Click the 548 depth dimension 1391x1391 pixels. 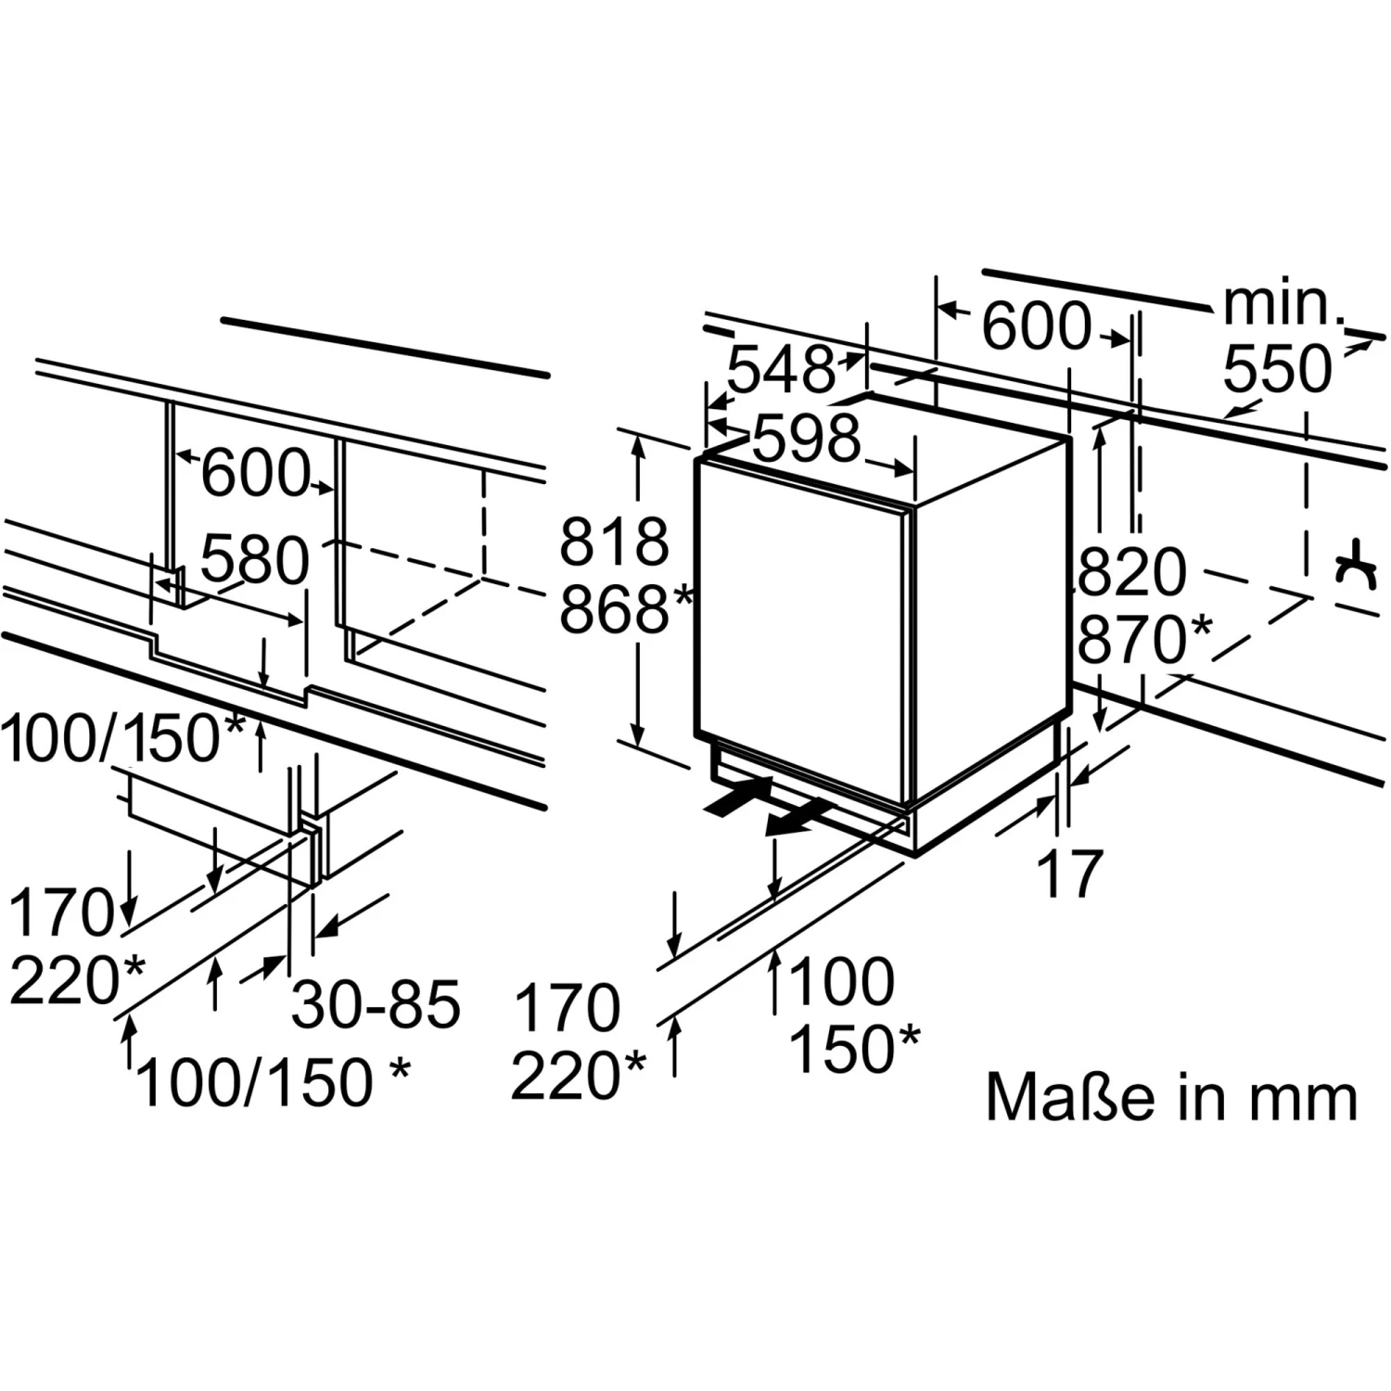781,369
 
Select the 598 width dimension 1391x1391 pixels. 805,438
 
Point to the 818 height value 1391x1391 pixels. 613,542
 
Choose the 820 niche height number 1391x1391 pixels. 1130,572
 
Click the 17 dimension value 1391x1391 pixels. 1069,873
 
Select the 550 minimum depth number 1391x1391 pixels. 1276,369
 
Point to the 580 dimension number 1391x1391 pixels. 254,560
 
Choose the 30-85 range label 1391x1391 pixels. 376,1004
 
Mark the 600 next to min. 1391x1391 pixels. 1035,326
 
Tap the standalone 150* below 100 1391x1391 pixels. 854,1049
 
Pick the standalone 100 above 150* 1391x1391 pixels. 841,982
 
